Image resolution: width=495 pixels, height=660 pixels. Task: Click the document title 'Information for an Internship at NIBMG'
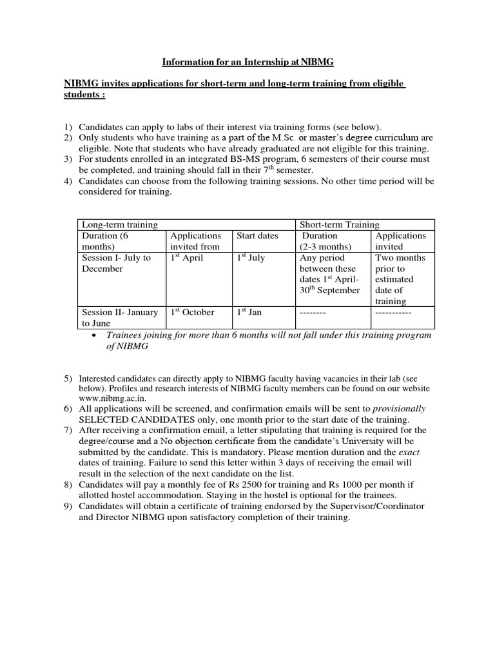(247, 63)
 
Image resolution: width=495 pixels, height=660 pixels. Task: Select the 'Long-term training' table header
(119, 224)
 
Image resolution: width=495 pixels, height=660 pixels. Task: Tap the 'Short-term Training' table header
(338, 224)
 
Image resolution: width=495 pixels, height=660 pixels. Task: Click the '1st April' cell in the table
(187, 258)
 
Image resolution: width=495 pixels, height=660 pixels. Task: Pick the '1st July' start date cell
(251, 258)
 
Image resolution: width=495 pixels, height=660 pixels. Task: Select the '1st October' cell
(193, 313)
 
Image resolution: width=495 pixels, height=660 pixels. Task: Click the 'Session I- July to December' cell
(116, 264)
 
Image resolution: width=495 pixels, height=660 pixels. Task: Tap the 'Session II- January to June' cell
(119, 318)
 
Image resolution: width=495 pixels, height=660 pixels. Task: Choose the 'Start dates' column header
(258, 236)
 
